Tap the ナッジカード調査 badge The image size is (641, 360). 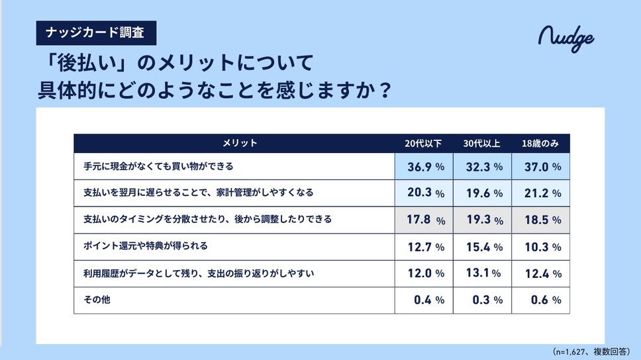[96, 31]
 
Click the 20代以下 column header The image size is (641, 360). [424, 144]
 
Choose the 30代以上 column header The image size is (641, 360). [483, 144]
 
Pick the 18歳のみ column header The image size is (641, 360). [541, 144]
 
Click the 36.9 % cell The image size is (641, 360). [424, 167]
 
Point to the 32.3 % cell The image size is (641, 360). [483, 167]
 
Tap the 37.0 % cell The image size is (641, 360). [541, 167]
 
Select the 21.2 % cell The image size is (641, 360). [541, 194]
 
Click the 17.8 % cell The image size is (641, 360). [424, 220]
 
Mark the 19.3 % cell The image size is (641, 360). [483, 220]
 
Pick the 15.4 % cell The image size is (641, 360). [483, 247]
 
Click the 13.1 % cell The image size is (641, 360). [483, 273]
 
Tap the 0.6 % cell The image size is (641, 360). [541, 300]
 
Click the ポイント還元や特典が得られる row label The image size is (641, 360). [146, 247]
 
